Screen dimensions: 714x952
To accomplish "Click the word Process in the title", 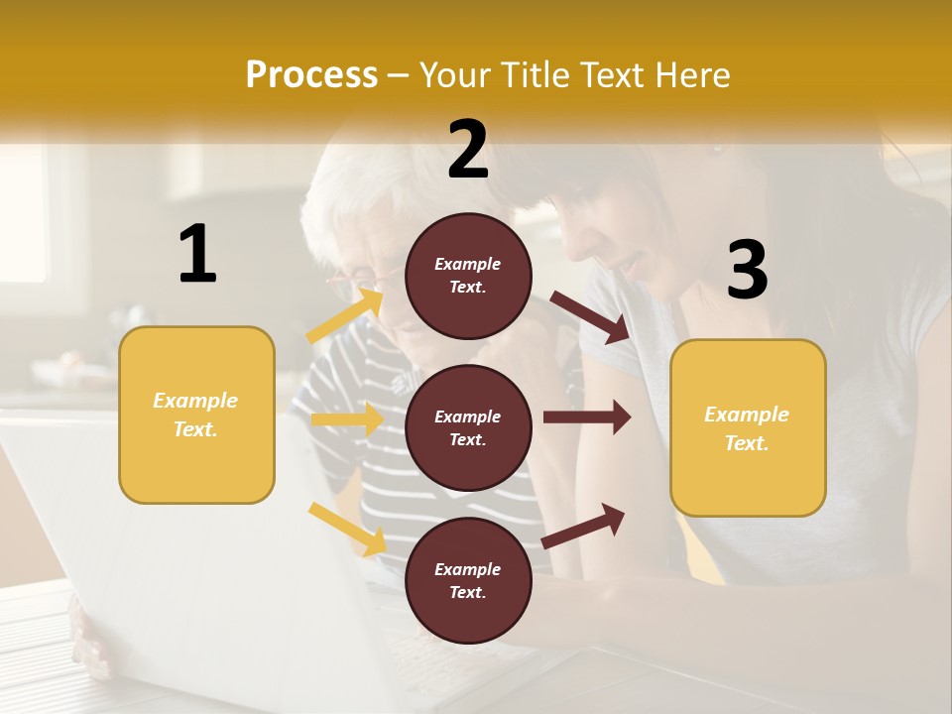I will [311, 74].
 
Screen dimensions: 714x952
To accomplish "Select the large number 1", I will [197, 255].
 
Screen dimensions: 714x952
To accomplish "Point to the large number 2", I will [468, 150].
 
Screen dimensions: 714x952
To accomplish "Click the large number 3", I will [747, 271].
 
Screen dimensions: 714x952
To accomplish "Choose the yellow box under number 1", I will [196, 415].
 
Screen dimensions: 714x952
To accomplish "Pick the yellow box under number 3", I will [748, 428].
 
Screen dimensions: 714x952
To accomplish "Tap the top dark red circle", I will [468, 276].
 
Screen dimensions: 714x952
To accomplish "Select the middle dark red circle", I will [468, 427].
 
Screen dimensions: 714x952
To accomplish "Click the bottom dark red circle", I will [468, 580].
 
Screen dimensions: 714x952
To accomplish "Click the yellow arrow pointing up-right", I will [346, 315].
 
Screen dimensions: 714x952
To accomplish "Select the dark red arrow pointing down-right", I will [590, 317].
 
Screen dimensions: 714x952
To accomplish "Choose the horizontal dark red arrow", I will [587, 416].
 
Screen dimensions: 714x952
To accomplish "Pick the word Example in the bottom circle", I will [468, 569].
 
